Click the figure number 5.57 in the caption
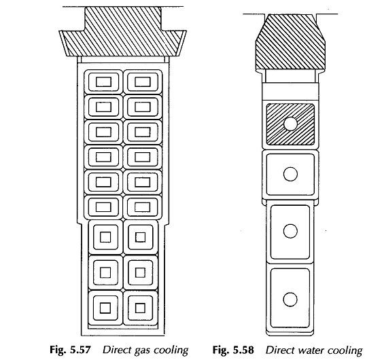point(80,350)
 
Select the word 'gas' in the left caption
point(143,350)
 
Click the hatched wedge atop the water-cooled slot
point(290,42)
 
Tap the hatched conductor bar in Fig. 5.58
point(290,124)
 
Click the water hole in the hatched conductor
point(290,124)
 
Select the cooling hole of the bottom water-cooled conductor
point(290,300)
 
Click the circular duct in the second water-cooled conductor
point(290,174)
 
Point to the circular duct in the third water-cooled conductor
point(290,231)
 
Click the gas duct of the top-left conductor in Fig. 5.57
point(103,82)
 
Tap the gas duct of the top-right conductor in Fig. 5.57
point(143,82)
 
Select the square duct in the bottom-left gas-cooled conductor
point(105,308)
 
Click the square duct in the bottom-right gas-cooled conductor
point(140,308)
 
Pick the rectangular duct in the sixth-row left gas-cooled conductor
point(103,207)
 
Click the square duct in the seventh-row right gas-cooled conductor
point(140,237)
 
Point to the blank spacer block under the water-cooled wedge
point(290,92)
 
